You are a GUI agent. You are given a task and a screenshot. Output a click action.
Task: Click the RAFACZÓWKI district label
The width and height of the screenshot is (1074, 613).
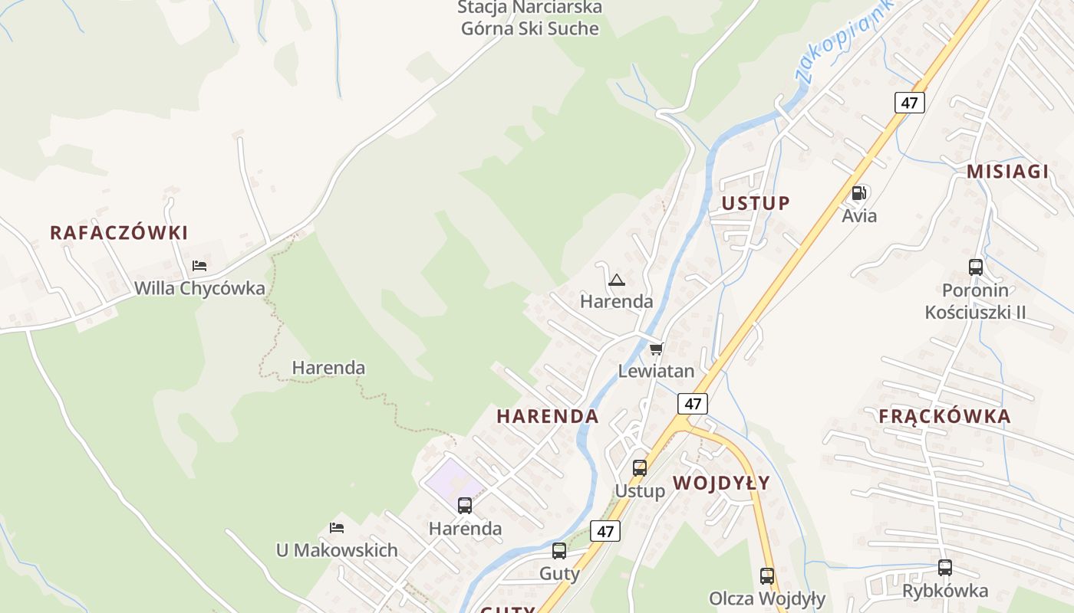coord(119,233)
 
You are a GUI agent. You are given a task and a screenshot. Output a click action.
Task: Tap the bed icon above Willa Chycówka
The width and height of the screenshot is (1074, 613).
coord(199,266)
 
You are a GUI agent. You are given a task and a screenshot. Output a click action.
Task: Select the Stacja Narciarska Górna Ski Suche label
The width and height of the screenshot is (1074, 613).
coord(529,18)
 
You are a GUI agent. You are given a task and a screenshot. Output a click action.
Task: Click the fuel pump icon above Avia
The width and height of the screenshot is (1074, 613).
coord(859,193)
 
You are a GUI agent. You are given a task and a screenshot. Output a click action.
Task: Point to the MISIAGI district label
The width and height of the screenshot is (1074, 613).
coord(1007,172)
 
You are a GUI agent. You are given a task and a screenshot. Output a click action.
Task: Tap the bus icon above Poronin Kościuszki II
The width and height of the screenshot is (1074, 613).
coord(975,267)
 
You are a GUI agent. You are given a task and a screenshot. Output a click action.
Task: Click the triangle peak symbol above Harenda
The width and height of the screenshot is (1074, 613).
coord(616,280)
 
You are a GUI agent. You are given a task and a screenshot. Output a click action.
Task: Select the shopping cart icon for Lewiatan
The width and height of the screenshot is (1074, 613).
coord(656,349)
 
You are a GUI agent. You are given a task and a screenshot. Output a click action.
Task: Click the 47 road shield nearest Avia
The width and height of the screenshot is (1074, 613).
coord(909,103)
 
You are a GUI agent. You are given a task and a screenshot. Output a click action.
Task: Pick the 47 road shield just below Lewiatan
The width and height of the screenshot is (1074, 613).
coord(693,403)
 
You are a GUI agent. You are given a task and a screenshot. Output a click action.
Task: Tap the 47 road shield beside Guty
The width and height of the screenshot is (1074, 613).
coord(605,530)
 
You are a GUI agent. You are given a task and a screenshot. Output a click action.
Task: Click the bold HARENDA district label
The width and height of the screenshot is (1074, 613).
coord(547,417)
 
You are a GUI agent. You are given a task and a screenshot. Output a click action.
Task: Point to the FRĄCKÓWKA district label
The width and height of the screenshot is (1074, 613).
coord(944,417)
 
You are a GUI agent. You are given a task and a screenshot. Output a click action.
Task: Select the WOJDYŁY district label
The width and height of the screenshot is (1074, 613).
coord(721,483)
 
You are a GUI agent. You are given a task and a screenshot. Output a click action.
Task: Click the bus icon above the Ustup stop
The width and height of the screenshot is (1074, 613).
coord(639,467)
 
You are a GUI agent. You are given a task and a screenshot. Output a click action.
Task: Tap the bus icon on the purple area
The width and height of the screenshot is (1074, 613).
coord(465,505)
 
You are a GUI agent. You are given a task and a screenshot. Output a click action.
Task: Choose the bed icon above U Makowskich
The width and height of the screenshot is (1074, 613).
coord(336,527)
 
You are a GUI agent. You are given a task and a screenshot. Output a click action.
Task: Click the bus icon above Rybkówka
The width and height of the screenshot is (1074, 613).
coord(944,568)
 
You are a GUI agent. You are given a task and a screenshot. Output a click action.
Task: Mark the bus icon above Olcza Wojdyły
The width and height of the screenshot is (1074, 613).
coord(766,576)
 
